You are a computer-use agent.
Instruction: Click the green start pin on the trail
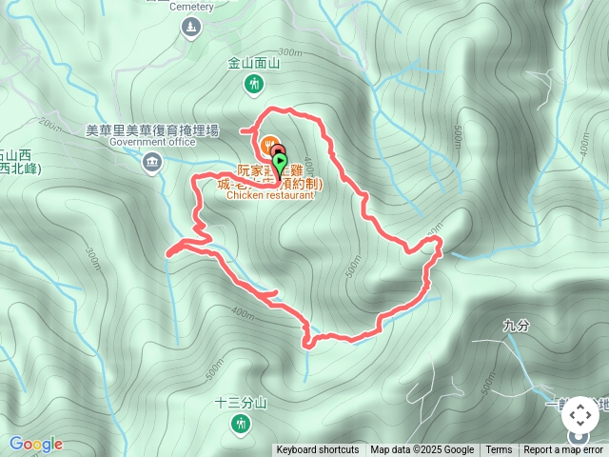coord(280,164)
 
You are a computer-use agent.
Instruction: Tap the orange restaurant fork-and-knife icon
coord(267,145)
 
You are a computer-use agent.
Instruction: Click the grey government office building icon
coord(151,164)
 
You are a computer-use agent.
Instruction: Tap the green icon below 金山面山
coord(254,85)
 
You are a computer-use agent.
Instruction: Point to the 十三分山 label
coord(234,402)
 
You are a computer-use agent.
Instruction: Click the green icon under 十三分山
coord(235,421)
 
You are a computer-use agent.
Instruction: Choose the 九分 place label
coord(515,327)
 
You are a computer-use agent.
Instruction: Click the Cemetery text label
coord(192,6)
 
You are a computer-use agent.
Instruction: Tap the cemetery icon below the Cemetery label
coord(192,27)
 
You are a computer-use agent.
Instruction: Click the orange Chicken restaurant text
coord(270,195)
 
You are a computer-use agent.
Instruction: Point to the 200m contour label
coord(50,123)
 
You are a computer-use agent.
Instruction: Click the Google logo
coord(35,444)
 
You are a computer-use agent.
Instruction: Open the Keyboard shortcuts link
coord(318,450)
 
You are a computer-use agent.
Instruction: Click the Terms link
coord(499,450)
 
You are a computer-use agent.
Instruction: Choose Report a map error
coord(563,450)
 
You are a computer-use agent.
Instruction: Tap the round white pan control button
coord(580,415)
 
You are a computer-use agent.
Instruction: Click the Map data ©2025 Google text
coord(422,450)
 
